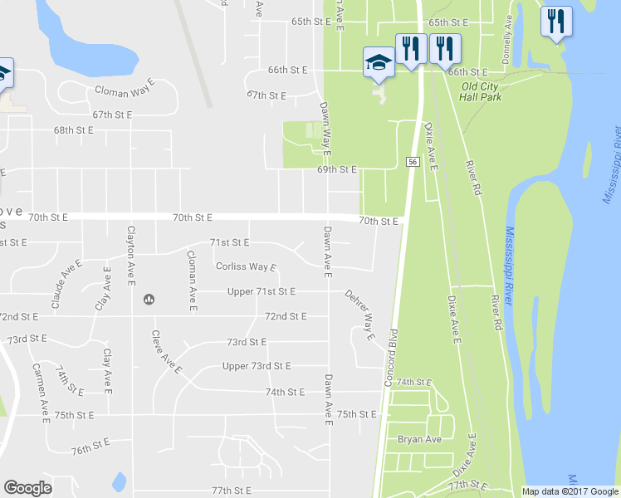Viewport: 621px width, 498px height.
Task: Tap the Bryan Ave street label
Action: [x=419, y=439]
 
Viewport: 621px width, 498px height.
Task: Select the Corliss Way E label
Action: [x=246, y=267]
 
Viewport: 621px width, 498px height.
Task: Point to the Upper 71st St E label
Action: [x=262, y=291]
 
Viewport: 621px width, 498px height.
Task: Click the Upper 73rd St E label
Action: [x=257, y=366]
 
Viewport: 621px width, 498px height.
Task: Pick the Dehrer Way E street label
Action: [x=359, y=314]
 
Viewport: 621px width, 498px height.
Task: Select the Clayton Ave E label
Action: [x=130, y=254]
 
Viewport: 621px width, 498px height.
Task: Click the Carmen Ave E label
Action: [x=40, y=387]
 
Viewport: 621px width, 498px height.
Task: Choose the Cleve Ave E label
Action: [x=165, y=353]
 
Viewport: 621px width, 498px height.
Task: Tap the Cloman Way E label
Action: [x=125, y=90]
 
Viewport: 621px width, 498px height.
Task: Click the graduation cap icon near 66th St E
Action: [x=379, y=62]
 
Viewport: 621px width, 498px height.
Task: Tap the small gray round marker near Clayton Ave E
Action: [x=149, y=299]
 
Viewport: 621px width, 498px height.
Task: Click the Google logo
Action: [x=27, y=488]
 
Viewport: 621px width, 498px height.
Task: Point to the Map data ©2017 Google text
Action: [x=569, y=491]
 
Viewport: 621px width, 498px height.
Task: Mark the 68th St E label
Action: [x=74, y=130]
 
